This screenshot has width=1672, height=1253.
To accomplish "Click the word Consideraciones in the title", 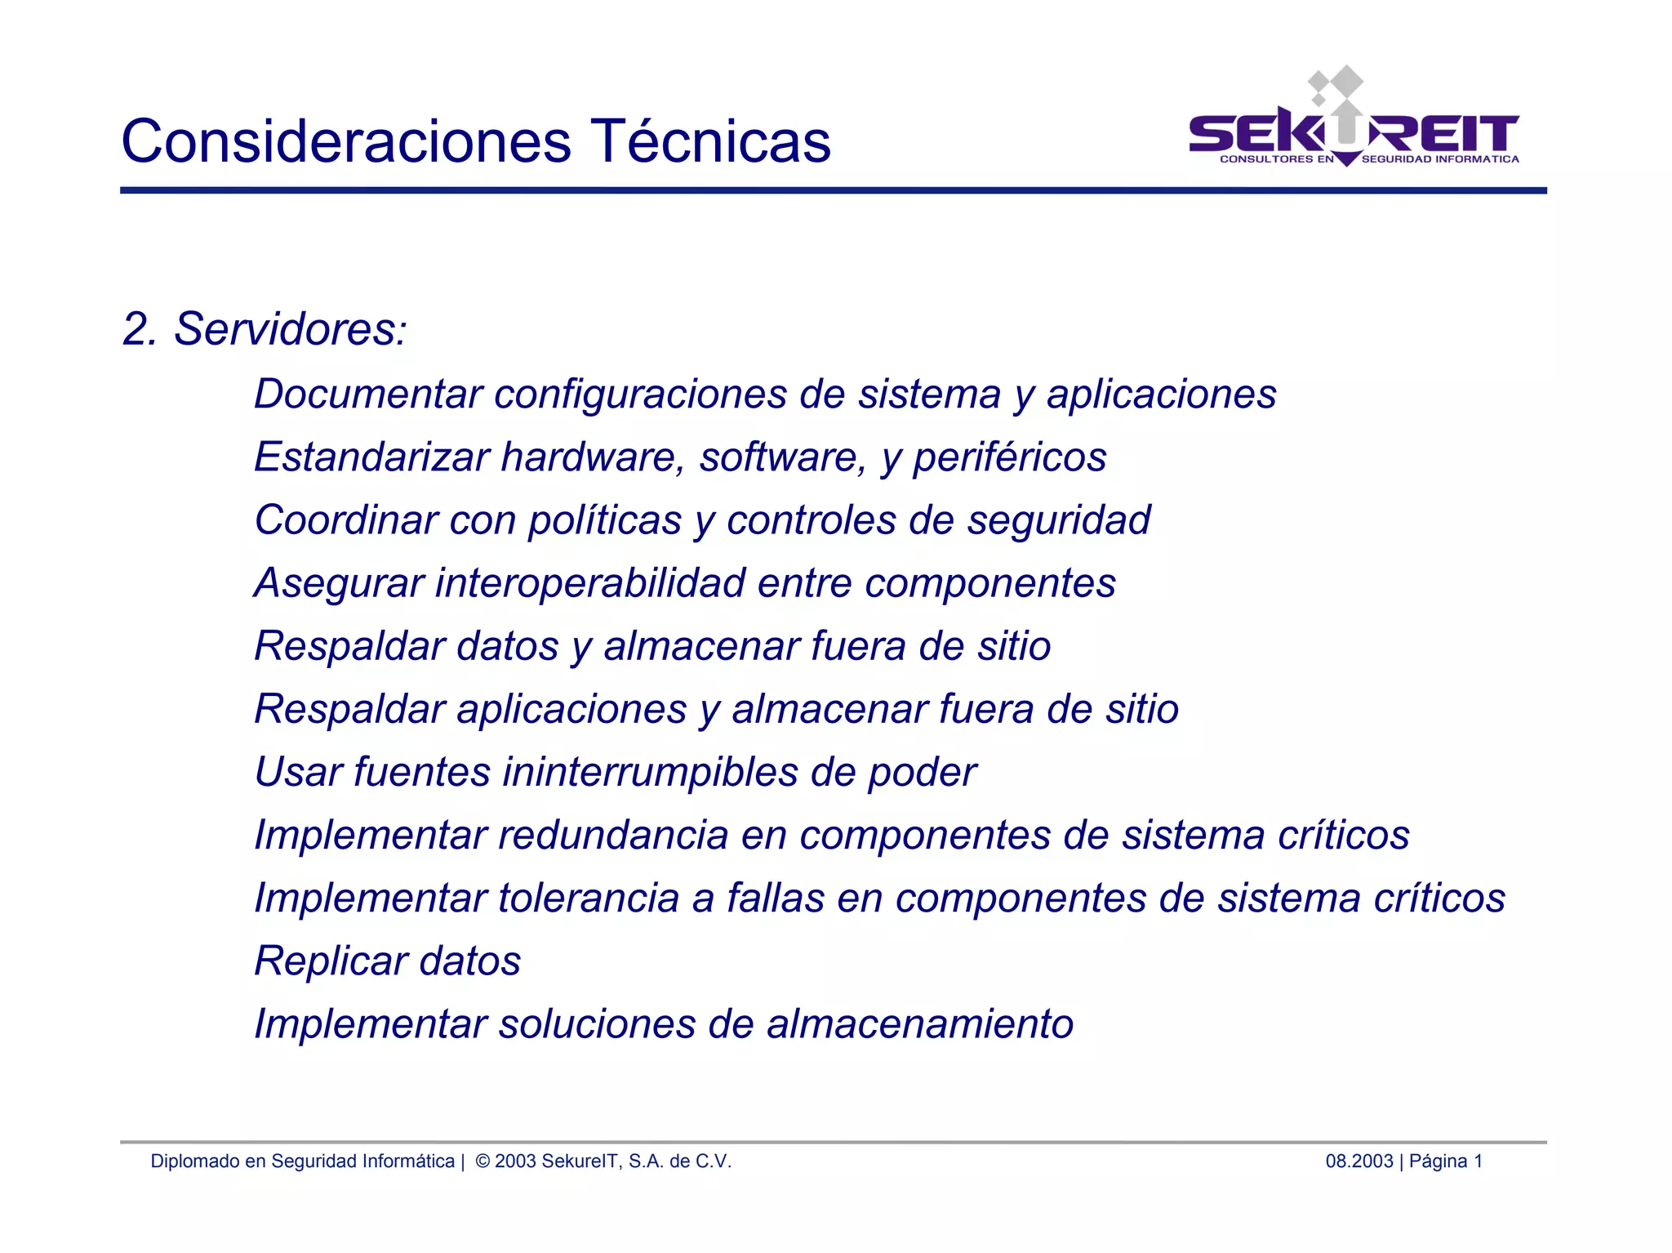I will coord(346,141).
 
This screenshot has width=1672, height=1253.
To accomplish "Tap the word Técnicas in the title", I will coord(709,141).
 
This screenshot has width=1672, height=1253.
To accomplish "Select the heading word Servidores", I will coord(286,329).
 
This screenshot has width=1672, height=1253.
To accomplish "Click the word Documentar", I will coord(368,395).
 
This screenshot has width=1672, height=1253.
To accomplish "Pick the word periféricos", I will coord(1009,458).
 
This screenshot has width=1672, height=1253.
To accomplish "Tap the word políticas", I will coord(604,521).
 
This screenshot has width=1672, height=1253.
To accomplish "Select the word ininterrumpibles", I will coord(650,773).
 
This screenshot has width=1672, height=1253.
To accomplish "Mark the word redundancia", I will coord(613,836).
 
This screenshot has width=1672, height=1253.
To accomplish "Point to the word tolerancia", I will coord(589,899).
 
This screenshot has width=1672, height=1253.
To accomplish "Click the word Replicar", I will coord(331,961).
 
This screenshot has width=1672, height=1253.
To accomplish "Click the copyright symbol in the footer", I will coord(482,1162).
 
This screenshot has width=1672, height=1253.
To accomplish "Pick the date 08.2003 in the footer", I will coord(1358,1162).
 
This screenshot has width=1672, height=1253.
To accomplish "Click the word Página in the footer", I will coord(1438,1162).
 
